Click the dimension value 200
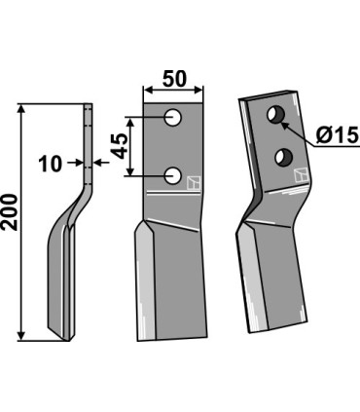point(11,223)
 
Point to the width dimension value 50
point(175,75)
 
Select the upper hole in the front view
point(174,118)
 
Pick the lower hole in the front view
point(174,175)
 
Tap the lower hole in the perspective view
point(285,156)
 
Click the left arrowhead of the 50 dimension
point(147,91)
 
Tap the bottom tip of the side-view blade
point(70,338)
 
